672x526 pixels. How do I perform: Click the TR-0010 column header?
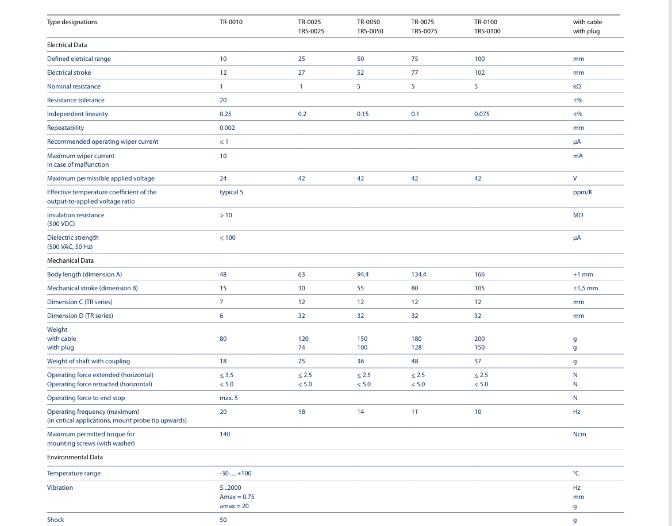231,22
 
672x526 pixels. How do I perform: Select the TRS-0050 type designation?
370,32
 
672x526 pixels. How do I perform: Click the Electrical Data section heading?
67,45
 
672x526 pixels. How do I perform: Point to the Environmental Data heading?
75,457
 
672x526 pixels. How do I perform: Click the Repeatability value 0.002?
227,128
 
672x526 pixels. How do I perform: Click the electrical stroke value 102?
479,72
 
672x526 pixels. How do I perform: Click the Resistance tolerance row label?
75,100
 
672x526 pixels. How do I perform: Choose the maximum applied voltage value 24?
223,178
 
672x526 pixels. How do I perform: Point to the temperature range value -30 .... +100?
235,473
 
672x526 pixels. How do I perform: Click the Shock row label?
56,520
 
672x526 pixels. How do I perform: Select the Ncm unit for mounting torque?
579,434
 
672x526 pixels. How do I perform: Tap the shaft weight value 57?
478,361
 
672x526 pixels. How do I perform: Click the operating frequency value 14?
360,412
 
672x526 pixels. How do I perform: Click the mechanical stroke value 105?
479,288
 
